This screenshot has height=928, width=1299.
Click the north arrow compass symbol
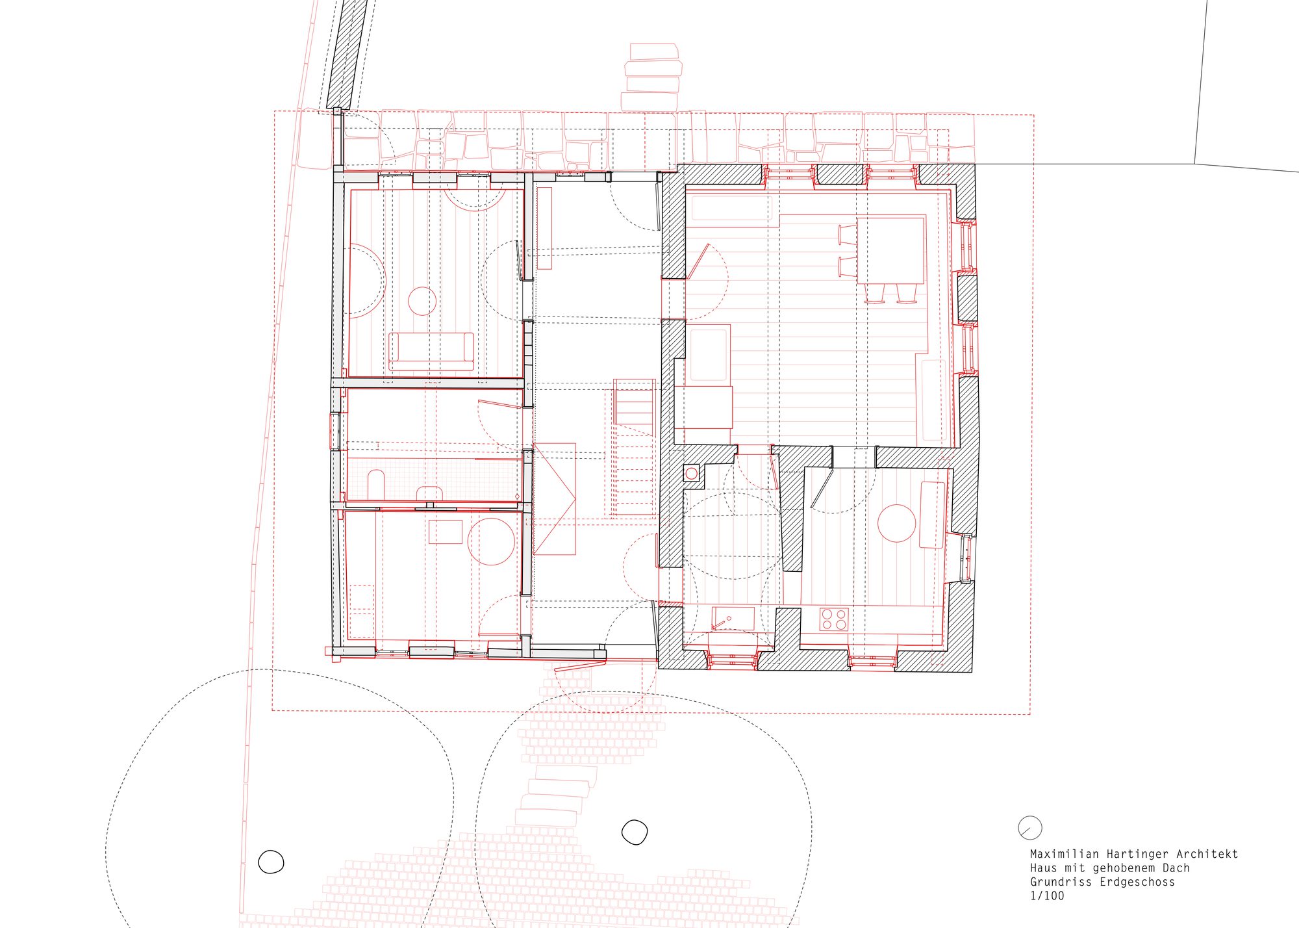(x=1030, y=828)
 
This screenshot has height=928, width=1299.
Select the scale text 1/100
(x=1047, y=896)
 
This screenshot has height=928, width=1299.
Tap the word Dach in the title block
(x=1176, y=868)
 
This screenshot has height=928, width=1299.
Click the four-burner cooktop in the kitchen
(x=833, y=619)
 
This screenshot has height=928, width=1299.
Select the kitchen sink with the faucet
(x=733, y=618)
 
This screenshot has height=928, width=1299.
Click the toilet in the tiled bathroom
(x=376, y=483)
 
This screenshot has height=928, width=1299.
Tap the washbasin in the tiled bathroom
(x=429, y=493)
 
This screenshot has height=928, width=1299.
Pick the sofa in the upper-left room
(x=431, y=351)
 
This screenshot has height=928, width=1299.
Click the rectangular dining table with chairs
(x=890, y=250)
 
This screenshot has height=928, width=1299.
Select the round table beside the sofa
(x=422, y=301)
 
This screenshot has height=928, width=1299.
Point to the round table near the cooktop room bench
(x=897, y=523)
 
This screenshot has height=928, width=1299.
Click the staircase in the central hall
(x=633, y=448)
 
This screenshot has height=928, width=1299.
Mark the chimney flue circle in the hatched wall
(x=691, y=474)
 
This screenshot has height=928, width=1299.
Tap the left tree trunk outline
(x=271, y=862)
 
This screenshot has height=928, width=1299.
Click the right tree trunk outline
(x=635, y=832)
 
